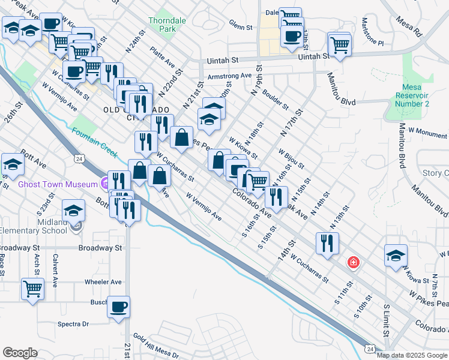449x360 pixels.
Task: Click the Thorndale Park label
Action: point(163,23)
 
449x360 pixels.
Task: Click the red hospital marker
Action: point(354,263)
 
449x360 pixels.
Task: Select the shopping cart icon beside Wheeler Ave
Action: point(32,288)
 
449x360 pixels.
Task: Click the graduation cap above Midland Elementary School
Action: point(74,210)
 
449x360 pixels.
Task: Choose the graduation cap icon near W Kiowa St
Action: point(396,255)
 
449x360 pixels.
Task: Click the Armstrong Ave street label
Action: point(229,76)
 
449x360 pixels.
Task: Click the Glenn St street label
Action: point(240,25)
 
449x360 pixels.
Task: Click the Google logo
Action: point(20,353)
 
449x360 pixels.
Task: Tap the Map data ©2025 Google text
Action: point(411,355)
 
